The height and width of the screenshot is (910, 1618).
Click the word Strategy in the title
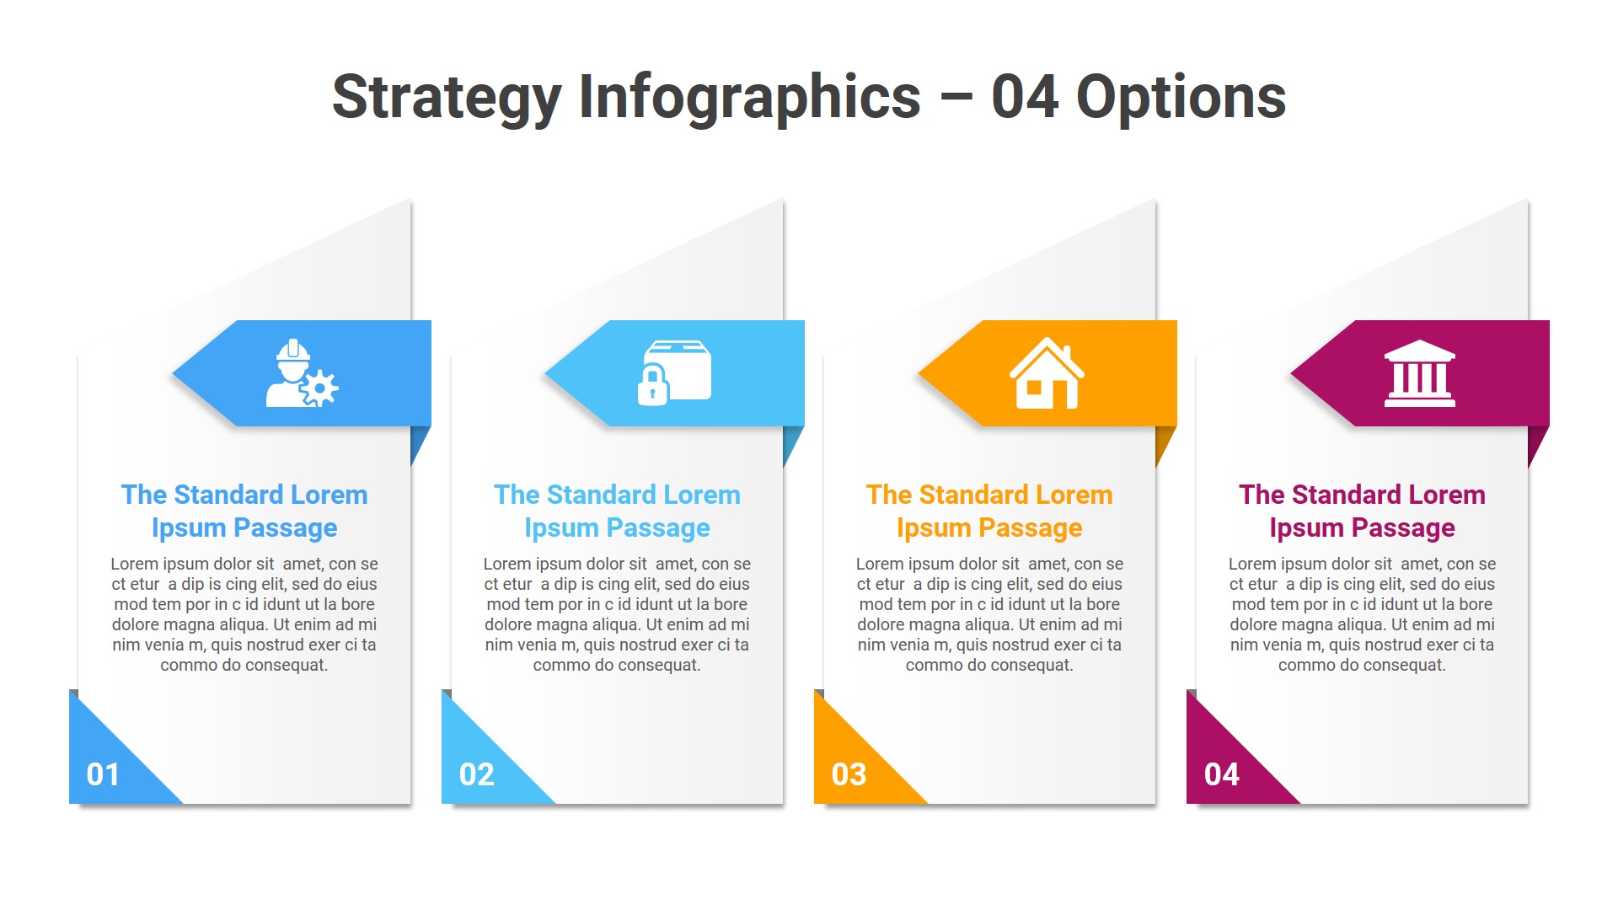click(447, 98)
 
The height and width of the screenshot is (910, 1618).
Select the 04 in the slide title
click(1025, 98)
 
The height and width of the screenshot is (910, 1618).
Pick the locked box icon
click(674, 372)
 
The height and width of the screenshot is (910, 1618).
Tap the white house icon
click(1047, 373)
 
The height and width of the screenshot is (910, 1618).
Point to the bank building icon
click(1419, 373)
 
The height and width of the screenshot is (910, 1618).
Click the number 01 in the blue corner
click(103, 774)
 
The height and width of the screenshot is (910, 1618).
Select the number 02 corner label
click(476, 774)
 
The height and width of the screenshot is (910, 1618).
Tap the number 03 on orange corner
click(849, 774)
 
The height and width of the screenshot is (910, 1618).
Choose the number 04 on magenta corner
click(1221, 774)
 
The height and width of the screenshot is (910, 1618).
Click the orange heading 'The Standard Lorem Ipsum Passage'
click(989, 511)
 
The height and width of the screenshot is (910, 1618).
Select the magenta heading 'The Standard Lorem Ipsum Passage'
click(1362, 511)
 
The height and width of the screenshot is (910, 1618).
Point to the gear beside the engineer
click(320, 388)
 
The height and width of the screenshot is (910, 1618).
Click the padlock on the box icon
click(652, 387)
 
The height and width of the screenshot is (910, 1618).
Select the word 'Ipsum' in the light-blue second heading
click(557, 528)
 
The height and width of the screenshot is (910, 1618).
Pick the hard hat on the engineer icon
click(292, 350)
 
